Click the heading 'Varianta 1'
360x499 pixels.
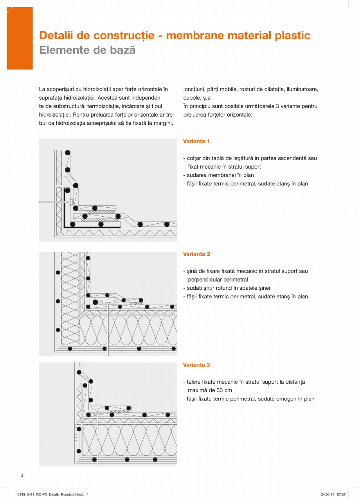(x=196, y=141)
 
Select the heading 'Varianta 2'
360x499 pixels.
(x=196, y=254)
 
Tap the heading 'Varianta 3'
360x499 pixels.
(x=196, y=365)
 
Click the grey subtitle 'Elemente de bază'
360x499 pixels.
(x=87, y=50)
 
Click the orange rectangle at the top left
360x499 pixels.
(x=20, y=38)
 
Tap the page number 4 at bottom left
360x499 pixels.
(x=22, y=476)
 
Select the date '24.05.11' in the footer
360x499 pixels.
(x=328, y=494)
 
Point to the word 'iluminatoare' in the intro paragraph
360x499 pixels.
(x=302, y=89)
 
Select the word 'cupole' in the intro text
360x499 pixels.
(x=191, y=98)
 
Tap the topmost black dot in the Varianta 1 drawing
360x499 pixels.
(x=68, y=153)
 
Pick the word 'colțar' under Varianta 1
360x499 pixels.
(x=194, y=158)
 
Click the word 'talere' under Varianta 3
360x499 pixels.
(x=194, y=382)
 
